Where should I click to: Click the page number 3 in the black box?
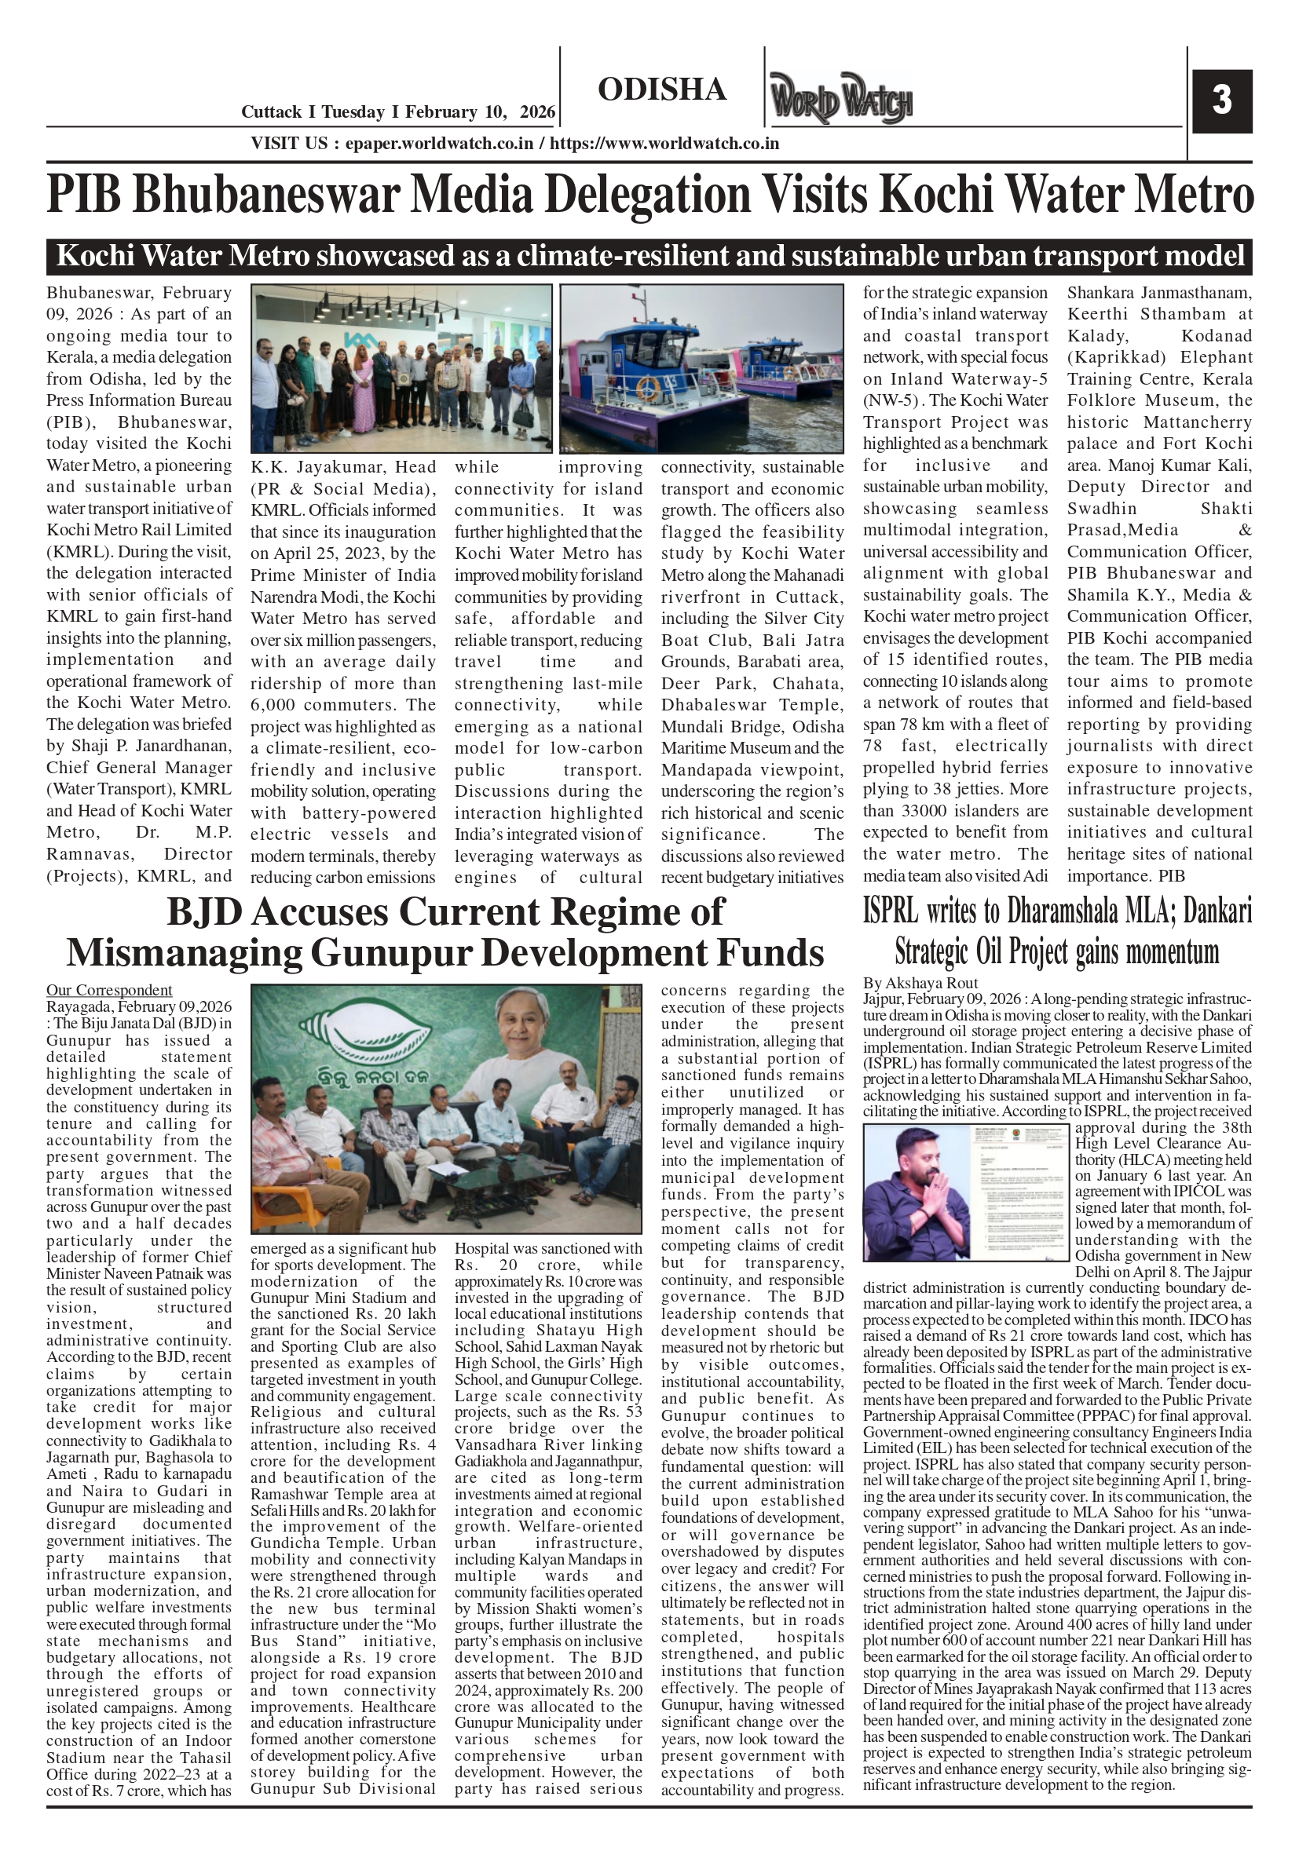[x=1221, y=100]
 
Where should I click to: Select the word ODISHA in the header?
[x=662, y=89]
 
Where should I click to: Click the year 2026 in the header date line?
[x=537, y=112]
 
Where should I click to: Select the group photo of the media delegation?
[x=401, y=368]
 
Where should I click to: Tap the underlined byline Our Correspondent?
[x=109, y=990]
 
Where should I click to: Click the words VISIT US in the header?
[x=288, y=144]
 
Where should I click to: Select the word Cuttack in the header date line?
[x=272, y=112]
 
